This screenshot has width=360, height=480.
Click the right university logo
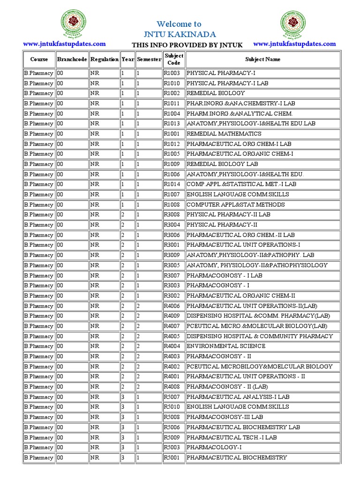[x=294, y=24]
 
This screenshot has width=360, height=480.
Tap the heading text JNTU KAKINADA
[x=180, y=34]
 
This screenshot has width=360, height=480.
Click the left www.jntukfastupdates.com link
[x=64, y=44]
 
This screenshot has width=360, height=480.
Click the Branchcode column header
[x=72, y=60]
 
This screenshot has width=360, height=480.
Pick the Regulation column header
[x=104, y=60]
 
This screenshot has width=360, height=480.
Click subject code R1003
[x=172, y=73]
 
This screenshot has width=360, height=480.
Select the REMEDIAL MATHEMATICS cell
[x=224, y=134]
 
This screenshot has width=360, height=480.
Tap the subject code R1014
[x=172, y=184]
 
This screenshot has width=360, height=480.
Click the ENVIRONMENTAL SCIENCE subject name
[x=226, y=346]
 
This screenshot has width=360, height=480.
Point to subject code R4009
[x=172, y=315]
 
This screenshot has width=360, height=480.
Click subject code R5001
[x=172, y=457]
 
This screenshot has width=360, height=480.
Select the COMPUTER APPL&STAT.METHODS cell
[x=235, y=204]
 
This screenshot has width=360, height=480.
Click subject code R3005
[x=172, y=265]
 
